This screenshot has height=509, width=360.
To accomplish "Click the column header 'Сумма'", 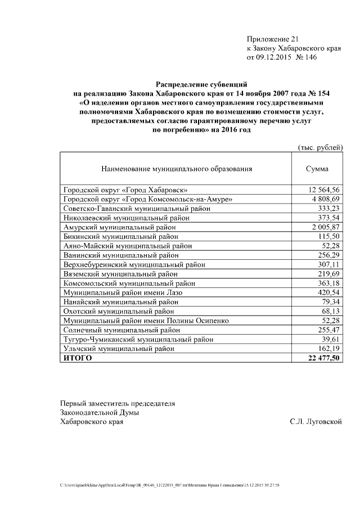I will tap(317, 168).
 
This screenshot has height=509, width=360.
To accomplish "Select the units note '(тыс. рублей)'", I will tap(319, 147).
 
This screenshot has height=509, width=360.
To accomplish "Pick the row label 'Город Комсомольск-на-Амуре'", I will tap(148, 199).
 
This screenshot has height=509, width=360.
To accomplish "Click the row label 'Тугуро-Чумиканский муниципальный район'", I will tap(138, 339).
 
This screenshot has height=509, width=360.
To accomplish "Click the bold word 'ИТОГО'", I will tap(77, 358).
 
